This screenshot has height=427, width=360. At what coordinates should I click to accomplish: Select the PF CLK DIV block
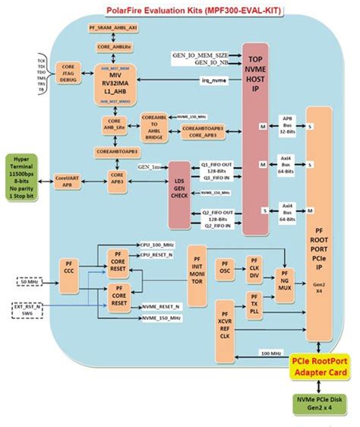(x=254, y=270)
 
